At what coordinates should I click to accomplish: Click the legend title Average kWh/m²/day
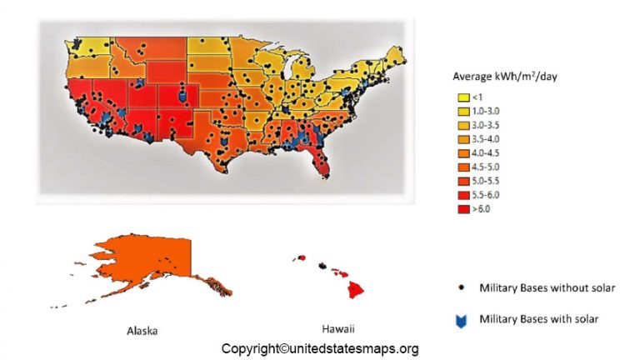[x=504, y=77]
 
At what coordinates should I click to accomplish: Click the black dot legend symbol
[x=461, y=288]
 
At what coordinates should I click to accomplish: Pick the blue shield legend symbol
[x=461, y=319]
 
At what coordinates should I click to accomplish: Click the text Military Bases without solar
[x=547, y=288]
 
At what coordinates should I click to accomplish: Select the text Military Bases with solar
[x=538, y=319]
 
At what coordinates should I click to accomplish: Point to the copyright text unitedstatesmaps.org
[x=320, y=349]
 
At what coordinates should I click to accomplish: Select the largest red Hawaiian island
[x=356, y=289]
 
